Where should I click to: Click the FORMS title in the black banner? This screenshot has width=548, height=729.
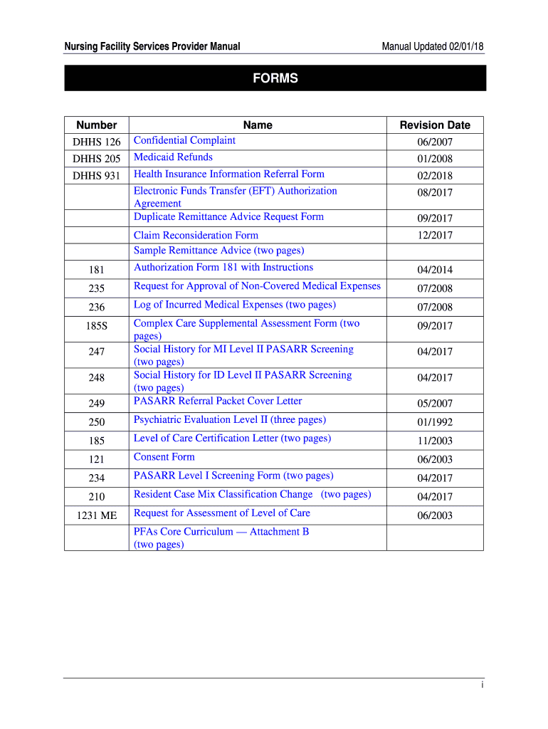275,78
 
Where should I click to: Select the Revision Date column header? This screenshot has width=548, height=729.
435,125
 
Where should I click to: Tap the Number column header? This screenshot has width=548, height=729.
97,125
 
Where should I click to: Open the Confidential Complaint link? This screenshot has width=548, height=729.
184,140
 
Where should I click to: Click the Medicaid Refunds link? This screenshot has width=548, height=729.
173,157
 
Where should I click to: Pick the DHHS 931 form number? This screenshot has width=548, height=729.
97,176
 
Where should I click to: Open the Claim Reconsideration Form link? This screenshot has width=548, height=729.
196,236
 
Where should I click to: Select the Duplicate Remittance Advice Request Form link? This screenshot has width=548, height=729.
228,217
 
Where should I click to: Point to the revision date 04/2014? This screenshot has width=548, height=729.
435,270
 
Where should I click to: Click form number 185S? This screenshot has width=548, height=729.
97,326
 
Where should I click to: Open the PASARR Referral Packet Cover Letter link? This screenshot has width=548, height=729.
218,401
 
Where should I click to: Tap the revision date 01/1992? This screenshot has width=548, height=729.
435,422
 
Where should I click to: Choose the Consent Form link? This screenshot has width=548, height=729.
164,457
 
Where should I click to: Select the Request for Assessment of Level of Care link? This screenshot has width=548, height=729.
222,513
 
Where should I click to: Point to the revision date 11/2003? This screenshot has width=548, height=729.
435,441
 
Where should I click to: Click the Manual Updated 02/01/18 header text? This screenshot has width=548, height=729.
432,47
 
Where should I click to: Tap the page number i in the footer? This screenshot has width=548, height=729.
482,685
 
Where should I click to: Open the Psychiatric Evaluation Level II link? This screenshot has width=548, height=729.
230,420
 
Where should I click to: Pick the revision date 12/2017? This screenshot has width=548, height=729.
435,236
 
